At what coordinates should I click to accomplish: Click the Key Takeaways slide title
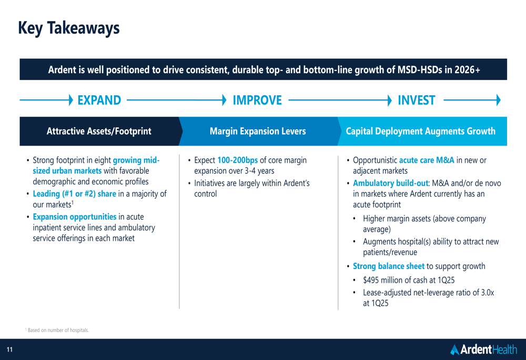[69, 28]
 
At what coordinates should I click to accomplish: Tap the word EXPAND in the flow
[99, 100]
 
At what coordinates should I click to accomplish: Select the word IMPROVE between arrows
[257, 100]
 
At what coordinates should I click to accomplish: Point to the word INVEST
[416, 100]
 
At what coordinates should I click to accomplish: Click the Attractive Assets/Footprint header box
[99, 131]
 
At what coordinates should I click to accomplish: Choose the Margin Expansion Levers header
[258, 131]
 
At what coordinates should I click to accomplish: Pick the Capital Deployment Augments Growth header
[421, 131]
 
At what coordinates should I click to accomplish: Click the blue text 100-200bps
[238, 160]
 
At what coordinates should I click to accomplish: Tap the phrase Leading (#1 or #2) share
[75, 194]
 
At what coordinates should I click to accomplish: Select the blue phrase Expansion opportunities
[75, 217]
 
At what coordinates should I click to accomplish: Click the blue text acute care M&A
[427, 160]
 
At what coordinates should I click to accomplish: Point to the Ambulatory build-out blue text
[390, 183]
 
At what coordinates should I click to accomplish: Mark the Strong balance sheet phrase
[389, 266]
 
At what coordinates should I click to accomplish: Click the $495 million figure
[382, 280]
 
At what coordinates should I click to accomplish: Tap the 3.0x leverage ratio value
[488, 293]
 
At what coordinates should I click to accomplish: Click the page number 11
[9, 349]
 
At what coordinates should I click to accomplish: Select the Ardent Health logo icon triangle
[454, 349]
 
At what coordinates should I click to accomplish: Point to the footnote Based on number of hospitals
[57, 330]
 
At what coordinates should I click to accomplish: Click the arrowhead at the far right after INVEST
[499, 100]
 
